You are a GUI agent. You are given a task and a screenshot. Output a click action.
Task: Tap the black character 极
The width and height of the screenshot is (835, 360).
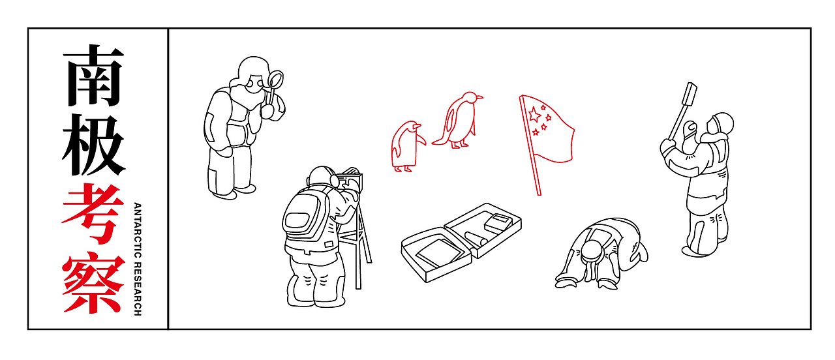pyautogui.click(x=93, y=145)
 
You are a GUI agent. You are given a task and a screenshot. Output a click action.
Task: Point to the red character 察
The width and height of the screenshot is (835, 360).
pyautogui.click(x=93, y=283)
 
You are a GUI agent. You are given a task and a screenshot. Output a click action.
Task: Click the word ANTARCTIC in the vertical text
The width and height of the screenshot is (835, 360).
pyautogui.click(x=138, y=230)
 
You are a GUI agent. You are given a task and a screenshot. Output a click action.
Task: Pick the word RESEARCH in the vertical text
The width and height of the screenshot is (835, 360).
pyautogui.click(x=138, y=288)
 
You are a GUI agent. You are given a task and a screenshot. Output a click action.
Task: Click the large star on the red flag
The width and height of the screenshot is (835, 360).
pyautogui.click(x=534, y=114)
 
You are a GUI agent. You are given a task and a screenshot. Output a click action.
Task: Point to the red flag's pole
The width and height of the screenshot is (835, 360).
pyautogui.click(x=530, y=145)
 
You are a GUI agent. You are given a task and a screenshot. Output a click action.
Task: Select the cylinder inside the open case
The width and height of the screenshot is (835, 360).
pyautogui.click(x=476, y=238)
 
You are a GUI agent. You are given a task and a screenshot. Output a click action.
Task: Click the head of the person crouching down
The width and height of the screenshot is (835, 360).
pyautogui.click(x=592, y=251)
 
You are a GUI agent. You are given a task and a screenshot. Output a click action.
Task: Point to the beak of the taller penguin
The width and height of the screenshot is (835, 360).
pyautogui.click(x=479, y=98)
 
